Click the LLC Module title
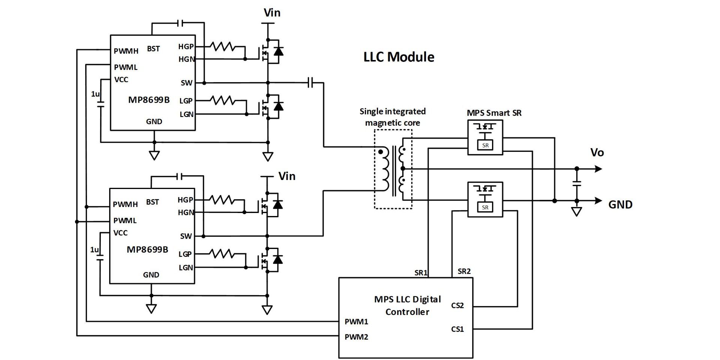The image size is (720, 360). click(399, 57)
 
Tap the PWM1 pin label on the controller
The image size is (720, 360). click(356, 321)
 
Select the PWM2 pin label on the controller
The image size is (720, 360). click(356, 337)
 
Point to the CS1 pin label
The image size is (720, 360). click(457, 329)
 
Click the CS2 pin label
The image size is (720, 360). click(457, 306)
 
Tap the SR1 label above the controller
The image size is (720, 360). click(421, 273)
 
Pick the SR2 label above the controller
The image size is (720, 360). click(464, 271)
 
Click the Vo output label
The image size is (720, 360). click(597, 153)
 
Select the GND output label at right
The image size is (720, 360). click(620, 204)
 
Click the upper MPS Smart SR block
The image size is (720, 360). click(485, 137)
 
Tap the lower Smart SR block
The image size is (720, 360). click(485, 199)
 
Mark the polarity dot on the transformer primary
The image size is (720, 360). click(381, 152)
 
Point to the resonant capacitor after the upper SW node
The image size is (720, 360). click(310, 82)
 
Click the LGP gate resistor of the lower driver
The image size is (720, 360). click(222, 254)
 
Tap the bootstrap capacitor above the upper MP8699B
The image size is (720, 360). click(180, 23)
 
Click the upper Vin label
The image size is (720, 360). click(272, 13)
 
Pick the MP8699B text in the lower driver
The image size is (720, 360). click(147, 250)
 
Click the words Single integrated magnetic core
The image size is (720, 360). click(392, 117)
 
